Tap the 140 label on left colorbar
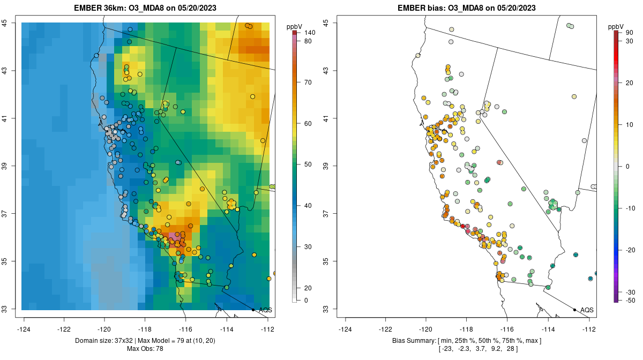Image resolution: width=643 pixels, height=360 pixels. point(309,33)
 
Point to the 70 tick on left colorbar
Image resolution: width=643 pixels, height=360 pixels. point(308,82)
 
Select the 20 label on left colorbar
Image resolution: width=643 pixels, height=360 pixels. point(308,280)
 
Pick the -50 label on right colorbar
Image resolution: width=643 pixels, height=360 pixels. point(631,301)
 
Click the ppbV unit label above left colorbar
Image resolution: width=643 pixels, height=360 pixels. point(294,26)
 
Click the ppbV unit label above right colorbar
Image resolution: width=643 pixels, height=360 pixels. point(616,26)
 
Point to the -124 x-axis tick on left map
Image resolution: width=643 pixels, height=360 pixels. point(24,329)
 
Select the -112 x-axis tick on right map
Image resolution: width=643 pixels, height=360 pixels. point(589,329)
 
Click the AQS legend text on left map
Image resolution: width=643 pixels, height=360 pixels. point(265,310)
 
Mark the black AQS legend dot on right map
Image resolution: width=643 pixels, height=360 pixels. point(574,310)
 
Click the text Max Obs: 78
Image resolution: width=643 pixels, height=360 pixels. point(145,349)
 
